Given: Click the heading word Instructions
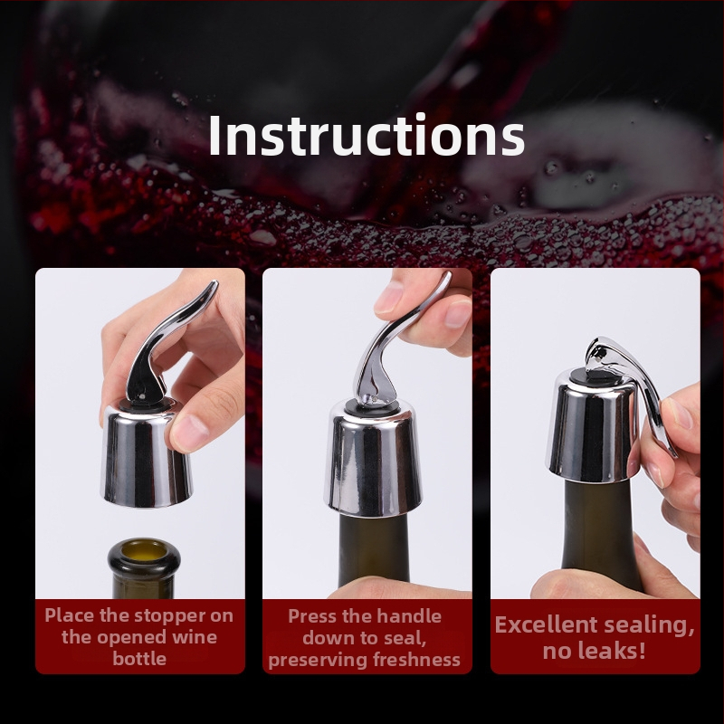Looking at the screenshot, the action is click(x=367, y=135).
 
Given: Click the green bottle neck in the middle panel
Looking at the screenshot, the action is click(x=374, y=549).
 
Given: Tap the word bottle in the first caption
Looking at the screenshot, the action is click(x=139, y=658).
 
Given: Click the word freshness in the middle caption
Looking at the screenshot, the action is click(x=416, y=660).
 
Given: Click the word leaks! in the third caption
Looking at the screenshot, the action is click(x=617, y=651).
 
